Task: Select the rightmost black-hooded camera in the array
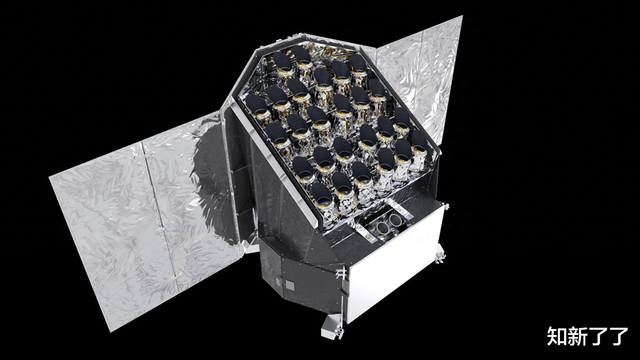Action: pyautogui.click(x=421, y=142)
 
